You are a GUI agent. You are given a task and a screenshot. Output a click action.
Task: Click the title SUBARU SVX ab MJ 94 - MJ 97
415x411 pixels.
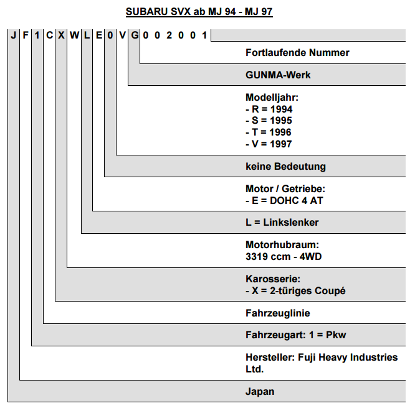click(x=199, y=12)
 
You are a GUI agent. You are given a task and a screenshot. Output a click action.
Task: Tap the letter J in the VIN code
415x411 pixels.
click(x=14, y=35)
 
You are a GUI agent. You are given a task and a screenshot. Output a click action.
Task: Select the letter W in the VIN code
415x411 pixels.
click(x=74, y=35)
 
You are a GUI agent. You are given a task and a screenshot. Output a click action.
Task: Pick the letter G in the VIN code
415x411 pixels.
click(x=135, y=35)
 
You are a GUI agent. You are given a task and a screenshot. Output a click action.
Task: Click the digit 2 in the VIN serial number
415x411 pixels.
click(x=169, y=35)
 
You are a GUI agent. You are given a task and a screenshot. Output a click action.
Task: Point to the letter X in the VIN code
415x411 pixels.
click(x=61, y=35)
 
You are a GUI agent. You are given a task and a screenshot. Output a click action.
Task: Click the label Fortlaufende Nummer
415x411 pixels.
click(x=297, y=53)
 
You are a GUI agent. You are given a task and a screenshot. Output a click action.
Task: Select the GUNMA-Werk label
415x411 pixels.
click(x=278, y=75)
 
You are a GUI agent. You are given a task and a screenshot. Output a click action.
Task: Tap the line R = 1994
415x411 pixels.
click(x=269, y=109)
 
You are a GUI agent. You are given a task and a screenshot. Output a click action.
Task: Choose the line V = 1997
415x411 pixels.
click(x=269, y=144)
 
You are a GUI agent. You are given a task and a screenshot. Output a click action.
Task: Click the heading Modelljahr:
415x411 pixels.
click(x=272, y=98)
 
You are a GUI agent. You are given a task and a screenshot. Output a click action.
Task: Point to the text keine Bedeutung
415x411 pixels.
click(x=285, y=167)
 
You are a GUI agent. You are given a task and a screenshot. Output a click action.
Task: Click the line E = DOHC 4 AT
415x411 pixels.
click(x=284, y=200)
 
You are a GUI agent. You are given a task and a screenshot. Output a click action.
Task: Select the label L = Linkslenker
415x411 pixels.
click(x=282, y=223)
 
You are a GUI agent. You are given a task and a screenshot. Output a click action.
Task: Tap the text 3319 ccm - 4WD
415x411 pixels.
click(x=284, y=256)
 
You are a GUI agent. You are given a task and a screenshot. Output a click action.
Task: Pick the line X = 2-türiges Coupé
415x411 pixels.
click(x=295, y=290)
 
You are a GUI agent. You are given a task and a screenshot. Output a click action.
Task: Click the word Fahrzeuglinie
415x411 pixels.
click(x=278, y=313)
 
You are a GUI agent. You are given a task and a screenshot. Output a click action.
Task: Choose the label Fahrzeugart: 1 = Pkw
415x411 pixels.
click(x=295, y=335)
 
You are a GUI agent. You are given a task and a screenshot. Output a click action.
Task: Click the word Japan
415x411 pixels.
click(x=260, y=392)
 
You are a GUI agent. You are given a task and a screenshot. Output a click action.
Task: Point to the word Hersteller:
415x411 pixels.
click(x=270, y=358)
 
